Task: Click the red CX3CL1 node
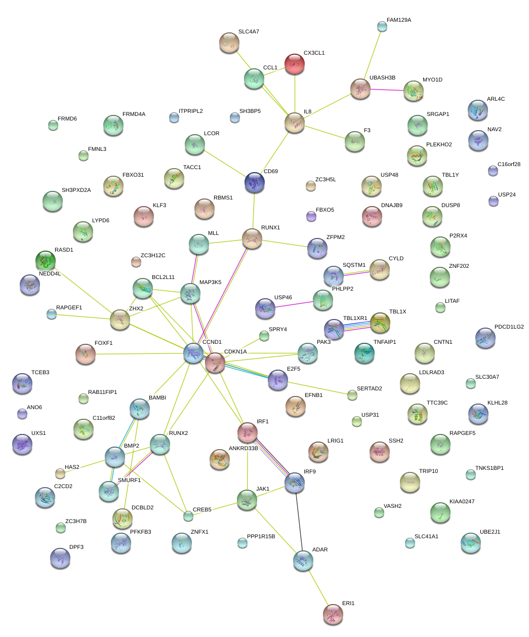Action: pyautogui.click(x=295, y=64)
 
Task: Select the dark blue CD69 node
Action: pyautogui.click(x=254, y=183)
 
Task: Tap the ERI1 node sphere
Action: pyautogui.click(x=333, y=614)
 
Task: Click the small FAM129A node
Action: pyautogui.click(x=382, y=26)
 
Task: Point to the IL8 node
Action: pyautogui.click(x=295, y=123)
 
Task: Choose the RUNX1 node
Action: pyautogui.click(x=252, y=238)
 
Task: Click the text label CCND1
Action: pyautogui.click(x=212, y=342)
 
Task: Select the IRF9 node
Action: pyautogui.click(x=295, y=483)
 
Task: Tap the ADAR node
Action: pyautogui.click(x=303, y=561)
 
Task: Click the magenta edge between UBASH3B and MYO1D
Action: pyautogui.click(x=387, y=90)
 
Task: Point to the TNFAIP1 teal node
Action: pyautogui.click(x=364, y=353)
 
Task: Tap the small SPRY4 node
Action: pyautogui.click(x=264, y=336)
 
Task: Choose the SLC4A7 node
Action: pyautogui.click(x=229, y=43)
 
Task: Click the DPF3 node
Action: pyautogui.click(x=60, y=558)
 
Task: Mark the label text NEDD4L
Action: pyautogui.click(x=50, y=274)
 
